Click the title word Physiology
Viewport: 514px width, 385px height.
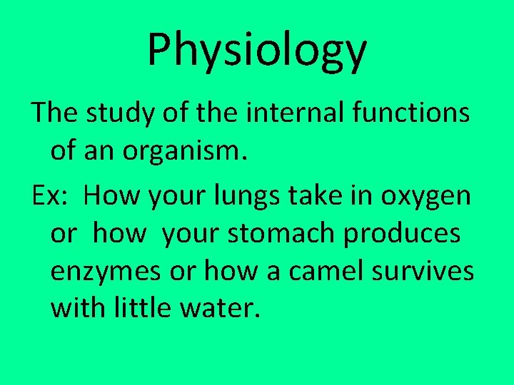[257, 51]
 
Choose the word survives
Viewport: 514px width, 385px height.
[432, 272]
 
